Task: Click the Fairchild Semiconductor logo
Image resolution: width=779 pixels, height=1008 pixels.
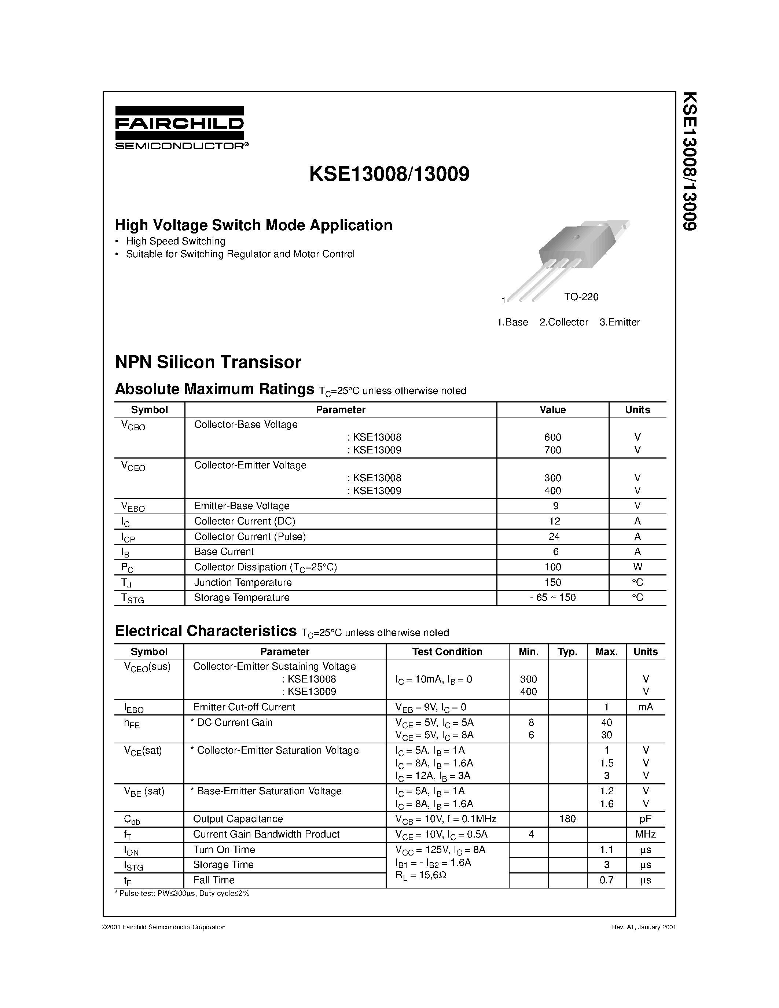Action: click(x=180, y=128)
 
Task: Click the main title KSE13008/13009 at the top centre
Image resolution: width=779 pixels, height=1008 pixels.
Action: click(x=389, y=174)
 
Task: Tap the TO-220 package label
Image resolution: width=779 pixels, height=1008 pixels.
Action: click(x=581, y=297)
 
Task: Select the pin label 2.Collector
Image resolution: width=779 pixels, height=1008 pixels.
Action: click(x=563, y=322)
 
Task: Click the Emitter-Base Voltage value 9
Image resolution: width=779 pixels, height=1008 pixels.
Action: click(x=555, y=506)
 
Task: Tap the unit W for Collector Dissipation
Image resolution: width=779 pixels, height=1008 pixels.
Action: click(x=637, y=567)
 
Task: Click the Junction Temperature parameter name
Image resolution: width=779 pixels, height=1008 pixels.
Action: click(x=243, y=582)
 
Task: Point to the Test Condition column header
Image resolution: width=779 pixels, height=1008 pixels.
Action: click(x=447, y=651)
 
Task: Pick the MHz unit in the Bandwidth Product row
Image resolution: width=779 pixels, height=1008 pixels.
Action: click(x=645, y=834)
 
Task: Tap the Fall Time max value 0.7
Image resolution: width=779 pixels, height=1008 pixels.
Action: click(x=606, y=880)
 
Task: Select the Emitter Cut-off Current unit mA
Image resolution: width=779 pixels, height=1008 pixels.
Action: click(x=645, y=707)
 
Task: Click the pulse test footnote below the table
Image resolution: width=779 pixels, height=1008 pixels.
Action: click(x=182, y=893)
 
